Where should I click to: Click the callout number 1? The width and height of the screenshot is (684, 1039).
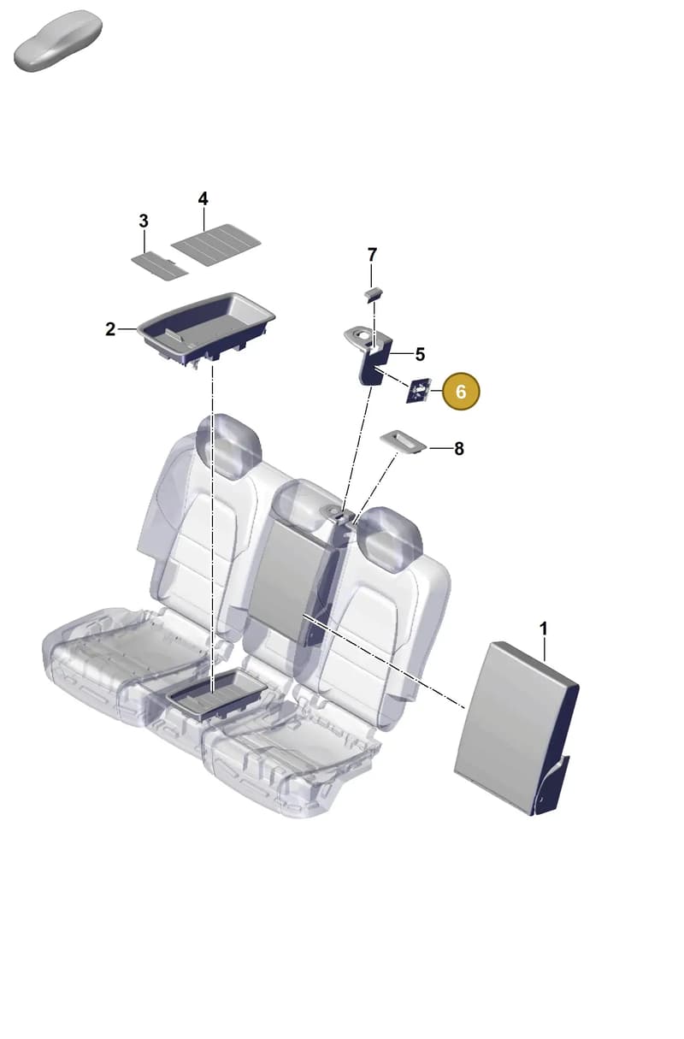click(544, 629)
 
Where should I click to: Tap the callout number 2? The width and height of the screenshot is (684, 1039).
click(110, 329)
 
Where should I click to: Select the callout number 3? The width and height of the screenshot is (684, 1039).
click(144, 221)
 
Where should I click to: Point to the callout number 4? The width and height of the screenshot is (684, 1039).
click(203, 199)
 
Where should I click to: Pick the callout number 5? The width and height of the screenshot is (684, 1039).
click(420, 354)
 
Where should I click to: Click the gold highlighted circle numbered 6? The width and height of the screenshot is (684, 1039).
click(461, 391)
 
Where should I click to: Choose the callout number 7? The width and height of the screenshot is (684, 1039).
click(372, 255)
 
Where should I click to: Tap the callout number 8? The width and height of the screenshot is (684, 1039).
click(458, 449)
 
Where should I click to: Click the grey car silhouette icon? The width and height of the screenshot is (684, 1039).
click(57, 41)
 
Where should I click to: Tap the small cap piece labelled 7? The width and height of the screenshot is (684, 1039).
click(374, 294)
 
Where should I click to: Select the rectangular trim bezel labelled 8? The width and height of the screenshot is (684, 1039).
click(403, 440)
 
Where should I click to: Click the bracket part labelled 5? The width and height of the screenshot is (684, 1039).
click(371, 357)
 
